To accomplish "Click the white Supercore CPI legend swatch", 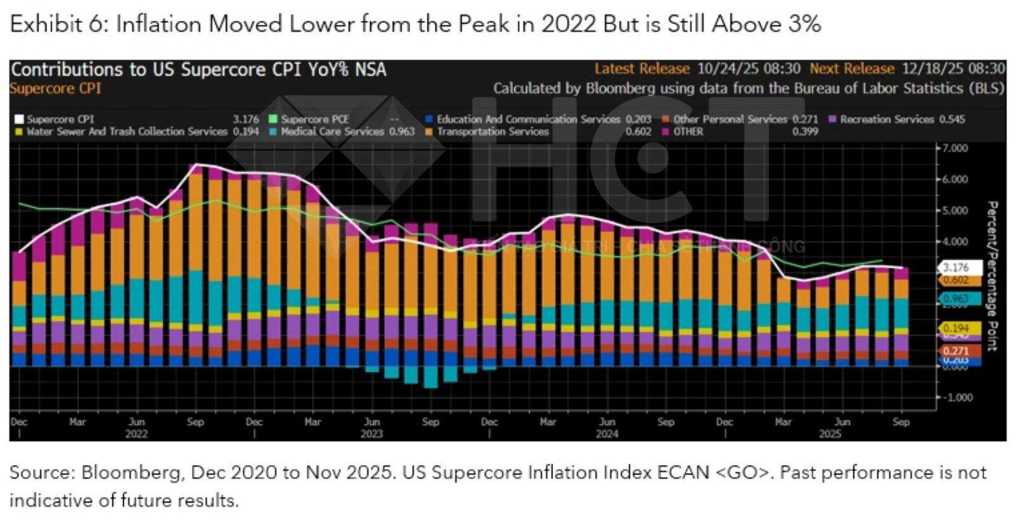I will (x=19, y=119).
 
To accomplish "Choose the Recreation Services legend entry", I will (x=886, y=119).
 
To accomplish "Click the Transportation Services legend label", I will (x=492, y=131).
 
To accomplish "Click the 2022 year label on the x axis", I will (x=136, y=435).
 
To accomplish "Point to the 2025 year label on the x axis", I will (x=829, y=435).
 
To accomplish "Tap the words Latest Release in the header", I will (x=641, y=69).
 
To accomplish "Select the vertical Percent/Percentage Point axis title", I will (x=993, y=276).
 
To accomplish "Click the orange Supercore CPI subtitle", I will (x=55, y=88).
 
